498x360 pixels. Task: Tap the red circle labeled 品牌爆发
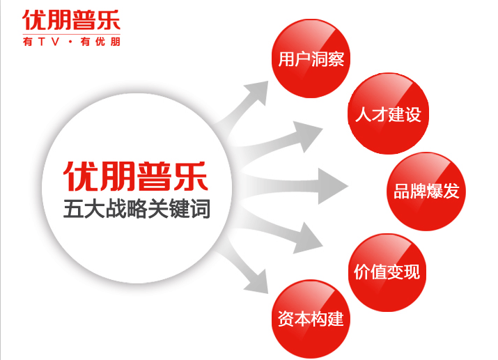(426, 191)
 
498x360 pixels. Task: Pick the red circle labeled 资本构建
(310, 320)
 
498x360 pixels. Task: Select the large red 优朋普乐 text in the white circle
(137, 177)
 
